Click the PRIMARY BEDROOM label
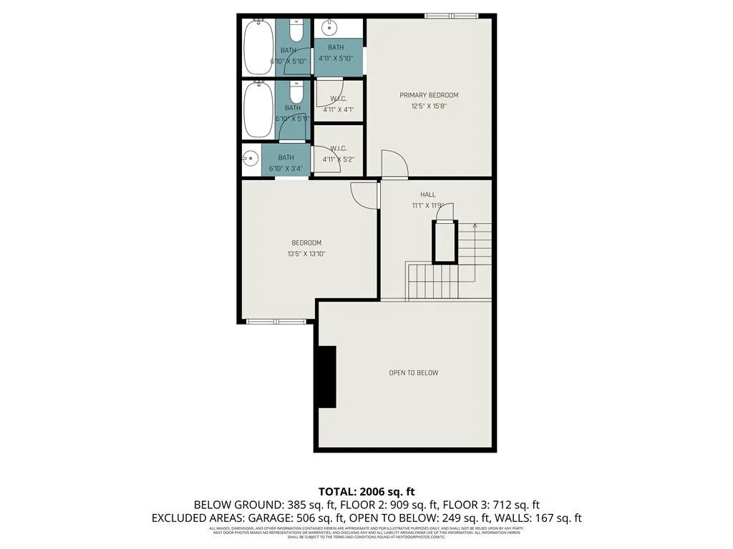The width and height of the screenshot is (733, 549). (x=429, y=95)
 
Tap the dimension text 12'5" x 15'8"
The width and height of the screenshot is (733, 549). (x=429, y=107)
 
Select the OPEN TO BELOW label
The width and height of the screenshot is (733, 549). (x=413, y=372)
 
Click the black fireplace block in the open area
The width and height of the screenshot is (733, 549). (x=326, y=377)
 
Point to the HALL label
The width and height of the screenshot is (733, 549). (x=428, y=194)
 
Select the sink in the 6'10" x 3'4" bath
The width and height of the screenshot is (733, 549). (x=251, y=159)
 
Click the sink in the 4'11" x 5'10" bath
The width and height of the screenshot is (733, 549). (x=329, y=28)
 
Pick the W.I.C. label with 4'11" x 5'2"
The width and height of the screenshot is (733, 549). (x=339, y=149)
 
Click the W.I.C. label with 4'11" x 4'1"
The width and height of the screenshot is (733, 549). (x=339, y=99)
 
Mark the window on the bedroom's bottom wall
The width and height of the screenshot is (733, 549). (x=276, y=322)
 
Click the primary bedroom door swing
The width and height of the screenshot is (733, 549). (x=393, y=164)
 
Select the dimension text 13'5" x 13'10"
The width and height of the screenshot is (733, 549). (x=306, y=254)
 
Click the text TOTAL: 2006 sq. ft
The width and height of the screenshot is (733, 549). (x=366, y=491)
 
